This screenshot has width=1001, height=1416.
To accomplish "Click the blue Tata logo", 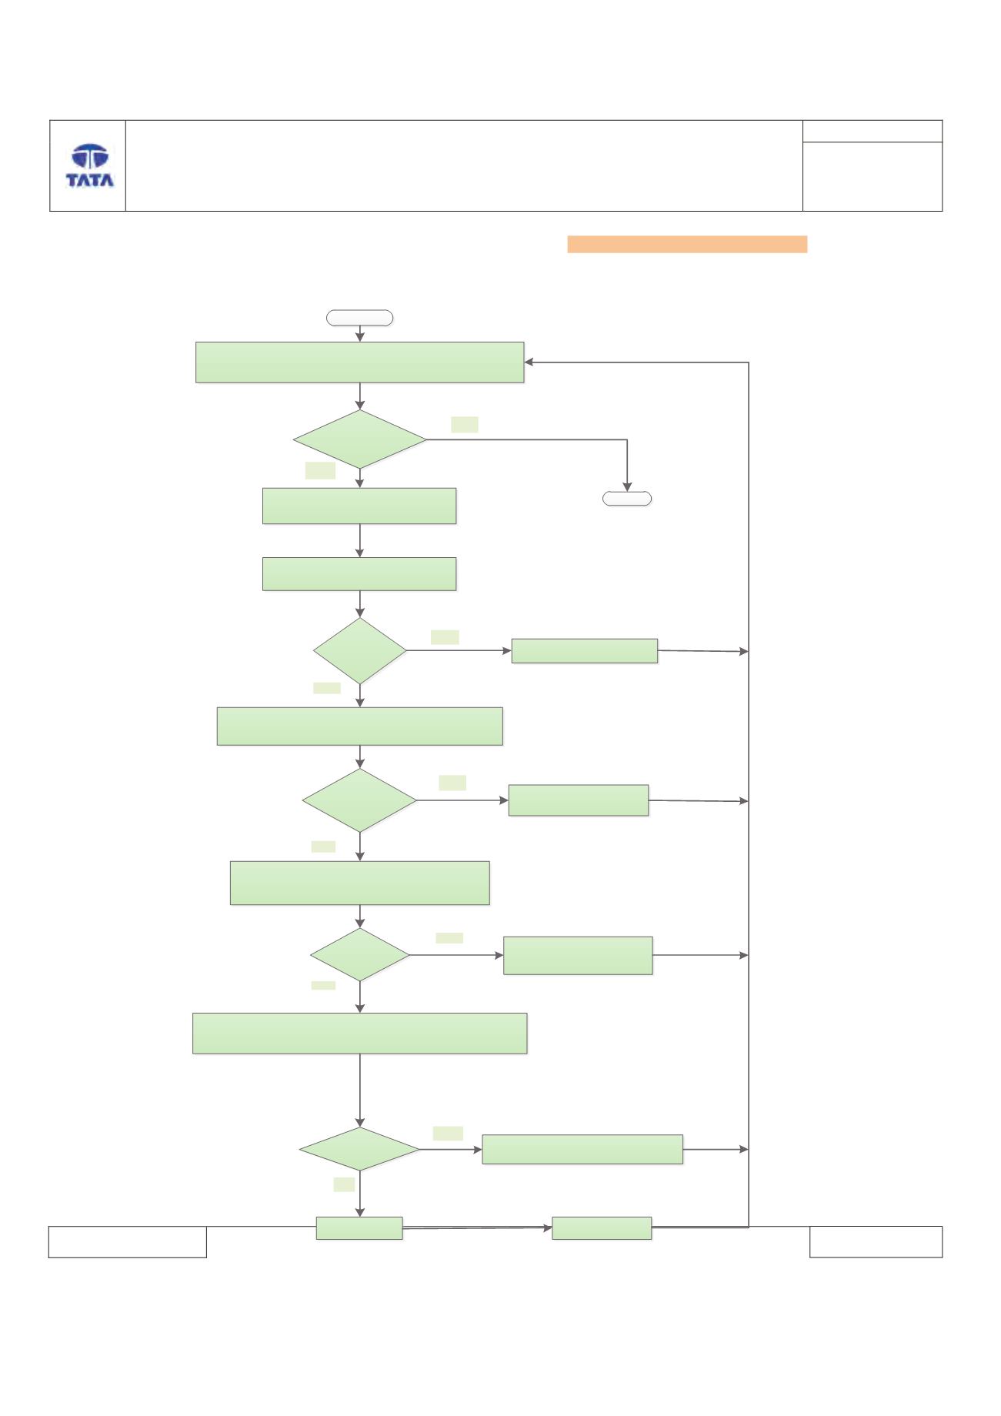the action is (x=90, y=165).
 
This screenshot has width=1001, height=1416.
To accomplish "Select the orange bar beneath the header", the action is (x=687, y=244).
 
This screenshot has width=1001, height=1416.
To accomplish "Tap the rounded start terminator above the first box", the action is (x=360, y=318).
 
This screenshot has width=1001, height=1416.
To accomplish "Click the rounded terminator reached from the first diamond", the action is (x=627, y=499).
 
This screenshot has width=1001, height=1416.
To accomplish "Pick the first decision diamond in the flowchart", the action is (x=360, y=439).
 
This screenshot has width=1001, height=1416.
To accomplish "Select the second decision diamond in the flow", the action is (x=360, y=651).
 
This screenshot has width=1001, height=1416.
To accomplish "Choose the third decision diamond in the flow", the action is (x=360, y=800).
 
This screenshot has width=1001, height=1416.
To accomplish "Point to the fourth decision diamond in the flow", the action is (x=360, y=955).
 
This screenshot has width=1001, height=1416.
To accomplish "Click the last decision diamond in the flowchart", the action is (x=360, y=1150).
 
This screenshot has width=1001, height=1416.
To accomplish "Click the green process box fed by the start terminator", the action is (x=360, y=362).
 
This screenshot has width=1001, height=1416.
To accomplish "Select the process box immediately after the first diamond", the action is (x=359, y=506).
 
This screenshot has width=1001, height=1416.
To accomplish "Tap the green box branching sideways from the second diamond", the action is (x=585, y=651).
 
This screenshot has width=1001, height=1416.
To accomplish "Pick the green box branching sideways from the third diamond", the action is (x=579, y=800).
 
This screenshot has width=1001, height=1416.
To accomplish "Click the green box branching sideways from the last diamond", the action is (x=582, y=1150).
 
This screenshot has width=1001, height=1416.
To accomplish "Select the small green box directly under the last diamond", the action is (x=359, y=1228).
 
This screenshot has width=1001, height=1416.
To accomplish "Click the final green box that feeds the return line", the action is (x=602, y=1228).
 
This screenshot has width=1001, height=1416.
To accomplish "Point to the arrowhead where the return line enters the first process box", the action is (x=529, y=362).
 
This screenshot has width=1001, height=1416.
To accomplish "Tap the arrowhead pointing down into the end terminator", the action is (x=627, y=486).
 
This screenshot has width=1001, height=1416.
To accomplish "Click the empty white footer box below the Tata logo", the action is (x=128, y=1242).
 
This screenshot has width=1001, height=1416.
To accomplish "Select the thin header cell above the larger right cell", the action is (x=873, y=131).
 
